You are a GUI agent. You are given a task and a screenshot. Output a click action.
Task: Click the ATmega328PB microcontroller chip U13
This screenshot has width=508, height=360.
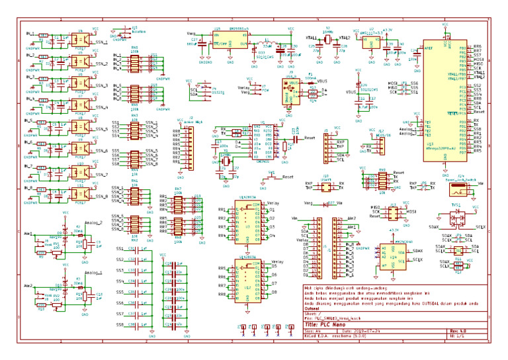pos(440,93)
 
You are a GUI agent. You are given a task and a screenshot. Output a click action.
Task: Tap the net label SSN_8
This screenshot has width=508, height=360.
pos(101,197)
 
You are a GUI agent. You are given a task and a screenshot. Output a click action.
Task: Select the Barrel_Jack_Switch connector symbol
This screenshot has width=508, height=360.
pos(459,189)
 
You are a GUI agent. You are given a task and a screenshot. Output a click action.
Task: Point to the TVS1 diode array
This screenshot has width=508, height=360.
pos(456,218)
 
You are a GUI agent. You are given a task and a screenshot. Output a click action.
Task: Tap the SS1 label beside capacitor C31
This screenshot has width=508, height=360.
pos(120,249)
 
